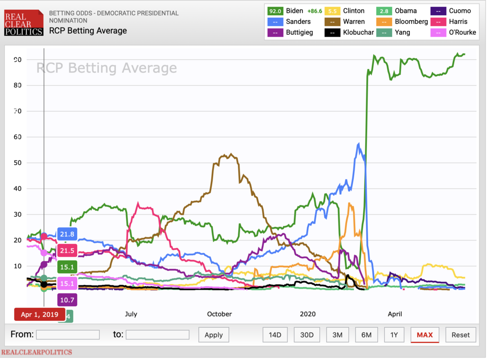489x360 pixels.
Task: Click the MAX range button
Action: (424, 335)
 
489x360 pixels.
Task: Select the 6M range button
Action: (366, 335)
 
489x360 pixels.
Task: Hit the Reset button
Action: (460, 335)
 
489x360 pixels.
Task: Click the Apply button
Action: (213, 335)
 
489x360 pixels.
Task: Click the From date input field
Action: (67, 335)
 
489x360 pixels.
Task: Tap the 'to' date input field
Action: (157, 335)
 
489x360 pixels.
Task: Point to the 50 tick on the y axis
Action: (18, 162)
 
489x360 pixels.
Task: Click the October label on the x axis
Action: (219, 314)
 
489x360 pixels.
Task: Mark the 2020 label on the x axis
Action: (308, 314)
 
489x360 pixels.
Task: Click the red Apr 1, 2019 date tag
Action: (39, 314)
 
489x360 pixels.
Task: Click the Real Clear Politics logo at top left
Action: (23, 23)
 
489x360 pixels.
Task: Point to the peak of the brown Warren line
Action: (231, 155)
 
